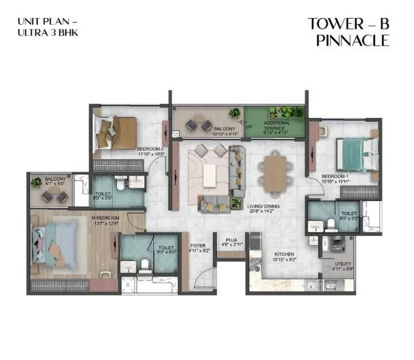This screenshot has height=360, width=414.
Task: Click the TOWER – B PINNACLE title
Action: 348,32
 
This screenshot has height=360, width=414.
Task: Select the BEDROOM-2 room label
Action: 150,151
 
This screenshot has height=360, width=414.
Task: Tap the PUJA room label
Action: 226,242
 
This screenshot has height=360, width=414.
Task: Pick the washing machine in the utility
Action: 334,245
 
